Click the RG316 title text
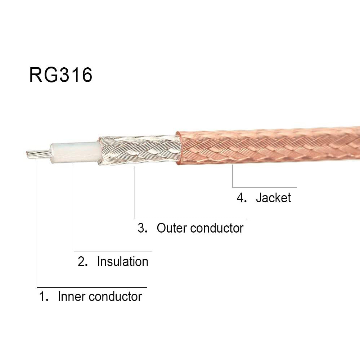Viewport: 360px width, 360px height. tap(61, 75)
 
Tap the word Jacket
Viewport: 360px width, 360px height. tap(273, 198)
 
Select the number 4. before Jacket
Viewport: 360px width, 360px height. tap(242, 198)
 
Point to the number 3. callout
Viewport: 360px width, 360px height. tap(143, 228)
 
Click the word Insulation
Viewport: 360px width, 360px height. tap(122, 261)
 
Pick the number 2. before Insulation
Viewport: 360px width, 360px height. tap(83, 261)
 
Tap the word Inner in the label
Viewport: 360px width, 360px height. tap(72, 297)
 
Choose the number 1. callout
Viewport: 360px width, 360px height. tap(44, 297)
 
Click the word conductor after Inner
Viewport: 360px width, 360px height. tap(115, 297)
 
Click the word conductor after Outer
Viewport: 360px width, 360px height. tap(217, 228)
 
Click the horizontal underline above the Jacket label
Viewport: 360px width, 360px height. tap(265, 188)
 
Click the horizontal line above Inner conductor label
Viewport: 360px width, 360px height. tap(92, 287)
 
